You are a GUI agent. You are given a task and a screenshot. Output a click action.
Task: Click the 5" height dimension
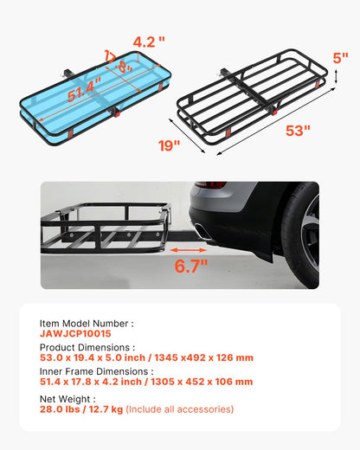(340, 58)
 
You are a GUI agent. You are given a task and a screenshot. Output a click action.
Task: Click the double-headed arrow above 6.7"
(183, 252)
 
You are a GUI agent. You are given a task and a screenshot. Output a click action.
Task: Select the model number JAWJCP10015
(75, 333)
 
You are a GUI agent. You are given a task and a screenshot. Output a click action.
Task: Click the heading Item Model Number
(87, 322)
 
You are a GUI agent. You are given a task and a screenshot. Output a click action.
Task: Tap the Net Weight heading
(68, 397)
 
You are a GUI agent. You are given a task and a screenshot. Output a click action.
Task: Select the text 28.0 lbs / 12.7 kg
(81, 408)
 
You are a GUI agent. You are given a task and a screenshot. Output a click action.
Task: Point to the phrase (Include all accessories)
(179, 408)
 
